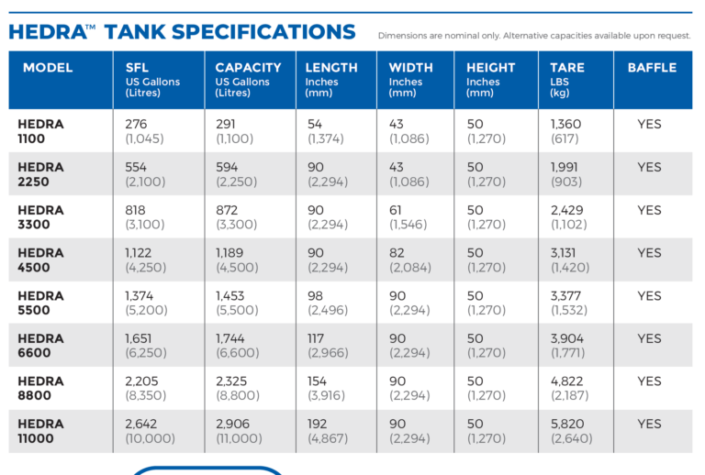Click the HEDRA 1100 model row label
click(x=39, y=131)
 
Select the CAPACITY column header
click(x=248, y=68)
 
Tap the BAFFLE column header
click(x=652, y=68)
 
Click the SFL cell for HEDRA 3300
click(x=146, y=217)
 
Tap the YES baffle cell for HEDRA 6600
click(x=649, y=338)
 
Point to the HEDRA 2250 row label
click(x=41, y=174)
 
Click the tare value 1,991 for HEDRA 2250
click(x=566, y=167)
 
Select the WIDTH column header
click(x=410, y=68)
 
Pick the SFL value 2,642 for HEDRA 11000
click(x=143, y=424)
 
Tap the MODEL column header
click(x=48, y=68)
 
